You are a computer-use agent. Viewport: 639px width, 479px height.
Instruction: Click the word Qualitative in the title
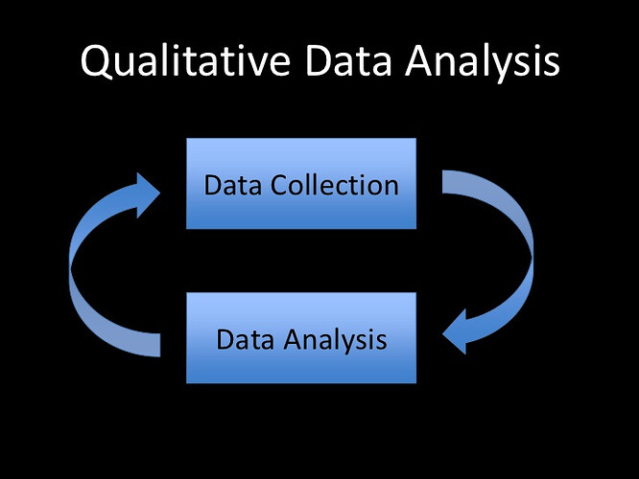coord(185,61)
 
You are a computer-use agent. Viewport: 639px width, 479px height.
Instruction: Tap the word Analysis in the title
coord(483,63)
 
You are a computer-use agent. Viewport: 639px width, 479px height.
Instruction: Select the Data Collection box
coord(301,184)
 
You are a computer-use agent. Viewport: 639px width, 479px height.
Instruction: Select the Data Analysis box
coord(301,338)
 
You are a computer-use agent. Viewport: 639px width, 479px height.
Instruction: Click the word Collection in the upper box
coord(334,185)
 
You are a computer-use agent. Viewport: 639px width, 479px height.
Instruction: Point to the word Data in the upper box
coord(233,186)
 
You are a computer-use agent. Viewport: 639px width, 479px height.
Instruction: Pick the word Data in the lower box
coord(245,340)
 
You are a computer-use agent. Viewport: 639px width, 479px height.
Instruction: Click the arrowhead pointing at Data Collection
coord(148,194)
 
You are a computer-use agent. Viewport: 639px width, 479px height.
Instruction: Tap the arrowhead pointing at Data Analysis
coord(455,331)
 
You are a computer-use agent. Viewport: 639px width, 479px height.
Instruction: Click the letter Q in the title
coord(96,62)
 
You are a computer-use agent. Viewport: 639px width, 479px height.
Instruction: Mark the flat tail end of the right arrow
coord(442,182)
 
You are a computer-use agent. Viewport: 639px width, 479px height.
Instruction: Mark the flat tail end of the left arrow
coord(159,345)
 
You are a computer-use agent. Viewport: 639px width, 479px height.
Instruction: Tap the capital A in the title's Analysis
coord(419,61)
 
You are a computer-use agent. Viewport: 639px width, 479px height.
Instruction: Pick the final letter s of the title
coord(553,65)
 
